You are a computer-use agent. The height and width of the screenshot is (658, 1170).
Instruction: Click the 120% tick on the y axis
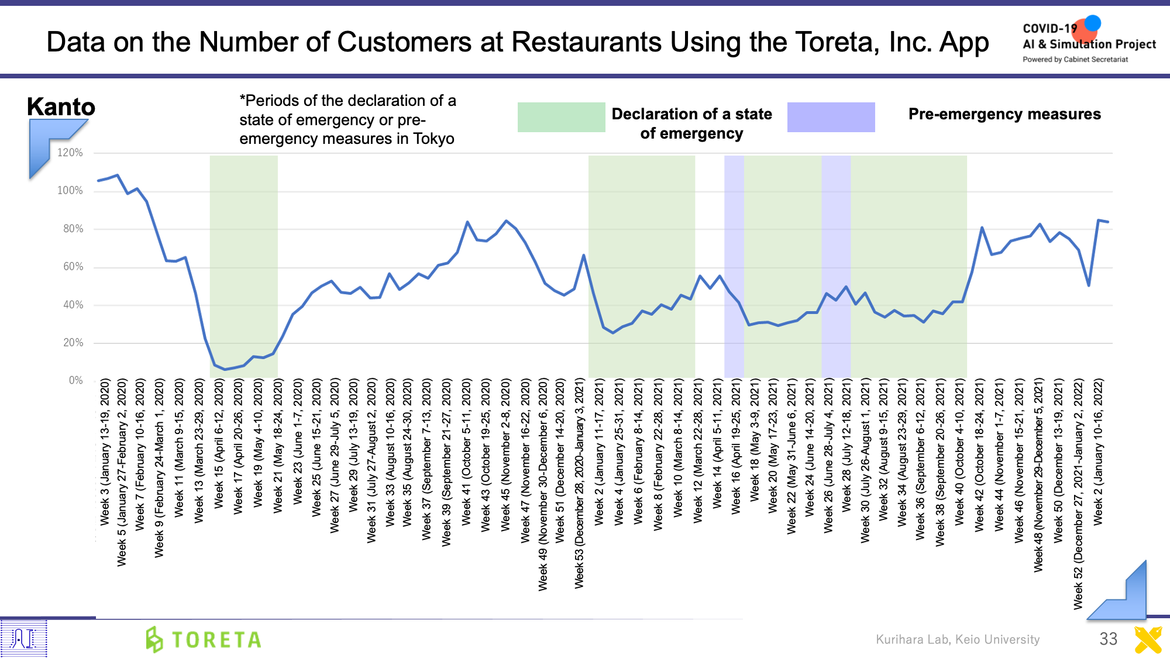point(70,153)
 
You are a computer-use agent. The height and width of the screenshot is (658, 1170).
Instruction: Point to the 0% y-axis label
point(76,381)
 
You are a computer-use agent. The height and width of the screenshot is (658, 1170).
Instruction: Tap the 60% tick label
point(73,267)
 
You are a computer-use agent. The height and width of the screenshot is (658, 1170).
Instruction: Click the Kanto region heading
point(61,107)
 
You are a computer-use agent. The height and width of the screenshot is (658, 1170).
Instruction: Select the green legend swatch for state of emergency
point(561,117)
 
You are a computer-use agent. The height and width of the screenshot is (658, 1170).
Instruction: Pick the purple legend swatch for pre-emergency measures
point(831,117)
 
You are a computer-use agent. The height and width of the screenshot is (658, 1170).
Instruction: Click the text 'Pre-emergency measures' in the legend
point(1004,114)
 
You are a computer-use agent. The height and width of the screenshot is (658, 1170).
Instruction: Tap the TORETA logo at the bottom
point(204,639)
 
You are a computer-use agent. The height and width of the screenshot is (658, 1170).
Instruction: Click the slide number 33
point(1108,639)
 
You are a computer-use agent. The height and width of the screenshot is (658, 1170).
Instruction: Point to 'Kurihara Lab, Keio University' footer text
point(958,639)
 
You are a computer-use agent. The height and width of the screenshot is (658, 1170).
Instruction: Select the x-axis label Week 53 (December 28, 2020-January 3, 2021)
point(579,483)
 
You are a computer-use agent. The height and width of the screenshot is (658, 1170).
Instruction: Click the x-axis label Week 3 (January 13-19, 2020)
point(105,452)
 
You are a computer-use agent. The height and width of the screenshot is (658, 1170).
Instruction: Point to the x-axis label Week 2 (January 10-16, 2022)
point(1099,452)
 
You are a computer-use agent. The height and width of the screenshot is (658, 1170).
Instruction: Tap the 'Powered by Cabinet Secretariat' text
point(1075,60)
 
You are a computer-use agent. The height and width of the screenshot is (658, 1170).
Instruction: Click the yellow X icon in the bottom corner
point(1148,640)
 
